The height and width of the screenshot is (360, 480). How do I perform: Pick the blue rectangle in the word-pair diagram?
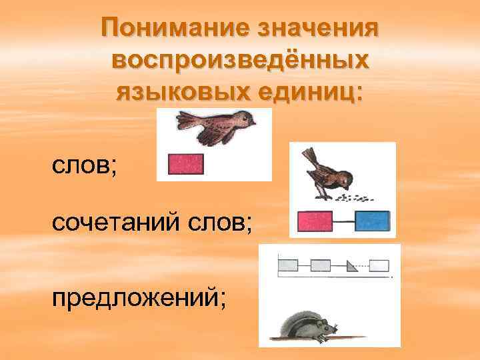click(x=372, y=221)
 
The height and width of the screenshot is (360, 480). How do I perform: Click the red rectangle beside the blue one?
click(x=314, y=221)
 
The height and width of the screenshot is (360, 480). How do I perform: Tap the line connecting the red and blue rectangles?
click(x=343, y=221)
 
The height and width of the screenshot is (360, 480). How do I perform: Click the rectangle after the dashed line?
click(x=379, y=266)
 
